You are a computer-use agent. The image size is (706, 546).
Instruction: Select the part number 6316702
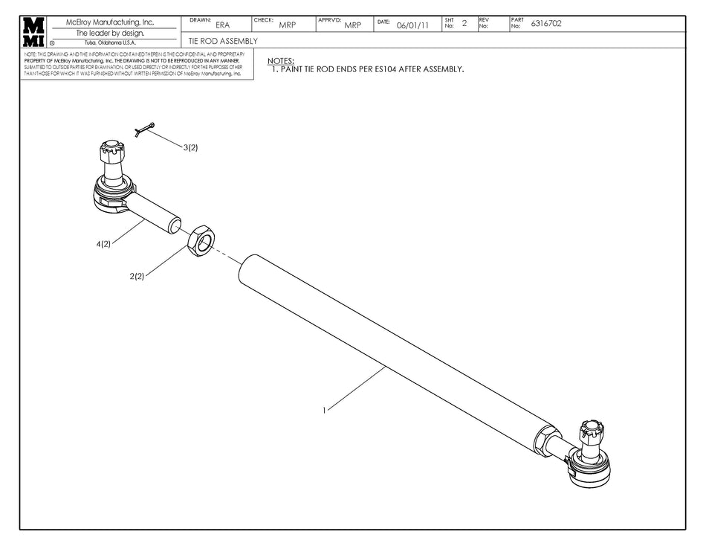point(545,24)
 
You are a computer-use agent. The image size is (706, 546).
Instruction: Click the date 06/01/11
point(412,25)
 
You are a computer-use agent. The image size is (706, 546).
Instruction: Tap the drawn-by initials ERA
point(222,25)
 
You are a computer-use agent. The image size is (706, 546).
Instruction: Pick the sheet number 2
point(464,24)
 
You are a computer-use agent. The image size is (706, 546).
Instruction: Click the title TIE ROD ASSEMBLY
point(223,41)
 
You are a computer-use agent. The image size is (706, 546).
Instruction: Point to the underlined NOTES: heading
point(280,60)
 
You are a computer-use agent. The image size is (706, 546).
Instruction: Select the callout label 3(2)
point(191,147)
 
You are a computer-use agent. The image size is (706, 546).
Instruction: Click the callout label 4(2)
point(103,244)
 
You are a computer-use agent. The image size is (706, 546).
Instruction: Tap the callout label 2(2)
point(137,276)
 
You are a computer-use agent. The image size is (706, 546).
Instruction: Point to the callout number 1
point(324,410)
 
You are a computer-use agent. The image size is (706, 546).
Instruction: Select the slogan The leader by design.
point(110,33)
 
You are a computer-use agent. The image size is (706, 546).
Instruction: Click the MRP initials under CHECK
point(287,25)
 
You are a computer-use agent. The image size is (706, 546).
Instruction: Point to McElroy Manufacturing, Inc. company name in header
point(110,22)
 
